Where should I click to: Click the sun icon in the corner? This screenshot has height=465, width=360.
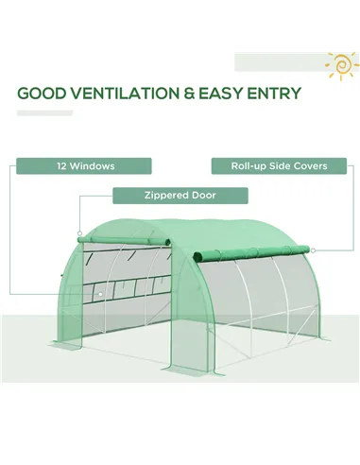click(339, 64)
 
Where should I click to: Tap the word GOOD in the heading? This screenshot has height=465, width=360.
click(42, 94)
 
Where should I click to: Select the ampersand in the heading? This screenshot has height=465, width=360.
click(188, 94)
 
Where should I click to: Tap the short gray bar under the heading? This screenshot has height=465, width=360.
click(45, 113)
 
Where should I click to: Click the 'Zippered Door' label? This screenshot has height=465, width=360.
click(180, 196)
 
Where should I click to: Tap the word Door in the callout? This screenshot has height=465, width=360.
click(203, 196)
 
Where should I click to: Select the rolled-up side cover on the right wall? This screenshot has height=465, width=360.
click(251, 251)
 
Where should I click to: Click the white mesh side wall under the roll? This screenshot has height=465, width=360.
click(255, 302)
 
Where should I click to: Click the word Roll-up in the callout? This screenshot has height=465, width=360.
click(248, 166)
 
